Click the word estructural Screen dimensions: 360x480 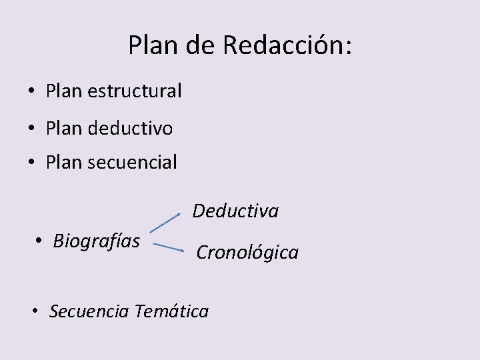click(x=134, y=91)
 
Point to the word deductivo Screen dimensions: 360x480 click(x=130, y=127)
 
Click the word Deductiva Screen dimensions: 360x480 click(x=235, y=211)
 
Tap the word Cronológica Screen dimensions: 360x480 click(x=247, y=253)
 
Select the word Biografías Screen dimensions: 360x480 click(x=96, y=240)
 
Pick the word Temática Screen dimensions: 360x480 click(x=171, y=311)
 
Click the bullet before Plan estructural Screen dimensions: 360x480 click(x=32, y=91)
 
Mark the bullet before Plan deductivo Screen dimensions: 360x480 click(x=32, y=128)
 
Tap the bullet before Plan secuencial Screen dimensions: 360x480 click(x=32, y=163)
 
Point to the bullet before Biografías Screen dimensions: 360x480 click(x=39, y=241)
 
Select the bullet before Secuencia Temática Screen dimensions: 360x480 click(x=36, y=311)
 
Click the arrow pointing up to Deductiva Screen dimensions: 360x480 click(x=165, y=223)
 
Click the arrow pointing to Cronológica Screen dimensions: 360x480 click(x=169, y=247)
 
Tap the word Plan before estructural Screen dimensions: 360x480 click(x=64, y=91)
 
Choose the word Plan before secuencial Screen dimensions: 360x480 click(x=64, y=162)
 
